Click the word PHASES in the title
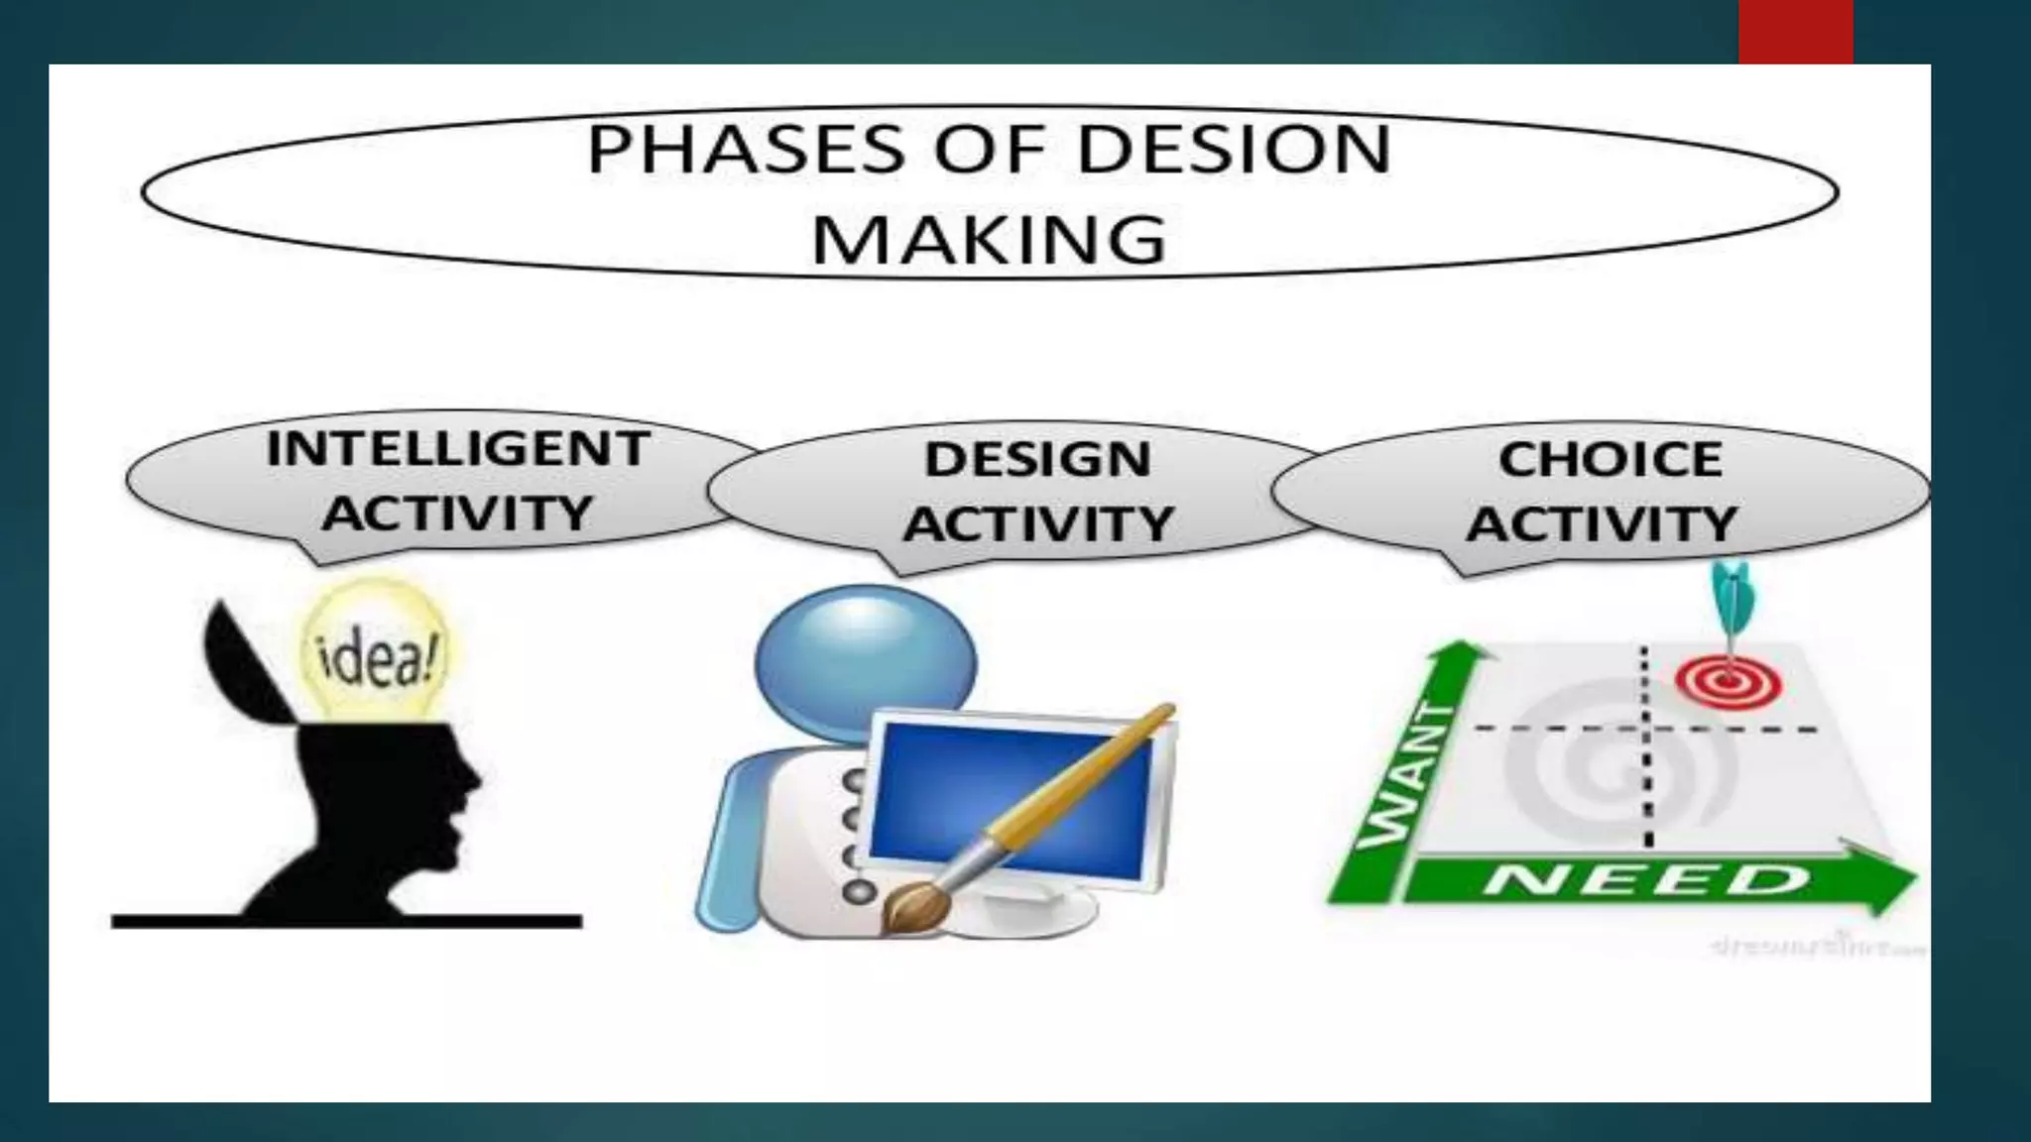point(746,151)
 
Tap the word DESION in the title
point(1234,151)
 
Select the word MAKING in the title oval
point(988,240)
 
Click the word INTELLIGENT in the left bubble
point(457,449)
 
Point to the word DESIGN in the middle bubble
point(1037,460)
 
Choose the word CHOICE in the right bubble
point(1610,460)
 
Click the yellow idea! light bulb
point(375,649)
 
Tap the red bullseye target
point(1729,683)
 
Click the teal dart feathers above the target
point(1732,592)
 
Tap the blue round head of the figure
point(865,659)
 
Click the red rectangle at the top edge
point(1795,32)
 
